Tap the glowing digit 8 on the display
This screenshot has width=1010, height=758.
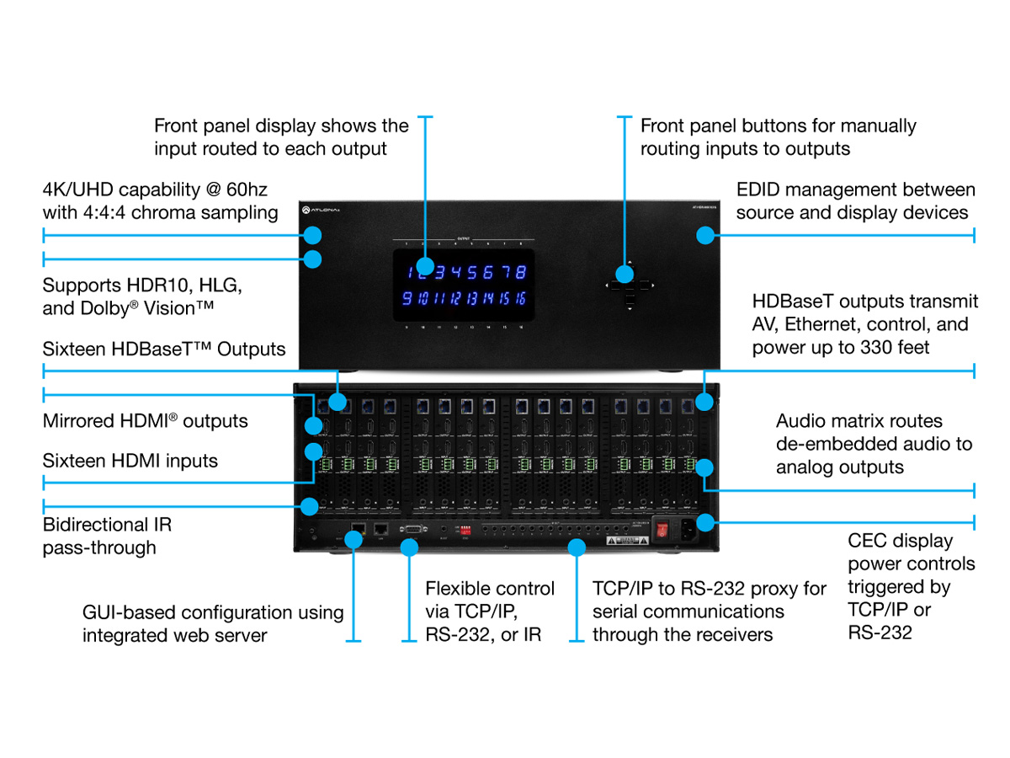tap(521, 272)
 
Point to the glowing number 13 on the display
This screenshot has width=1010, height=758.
tap(470, 298)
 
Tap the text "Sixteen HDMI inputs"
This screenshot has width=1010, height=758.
tap(130, 461)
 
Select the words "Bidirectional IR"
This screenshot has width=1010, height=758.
tap(107, 525)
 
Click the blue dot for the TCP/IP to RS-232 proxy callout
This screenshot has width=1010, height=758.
tap(577, 547)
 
